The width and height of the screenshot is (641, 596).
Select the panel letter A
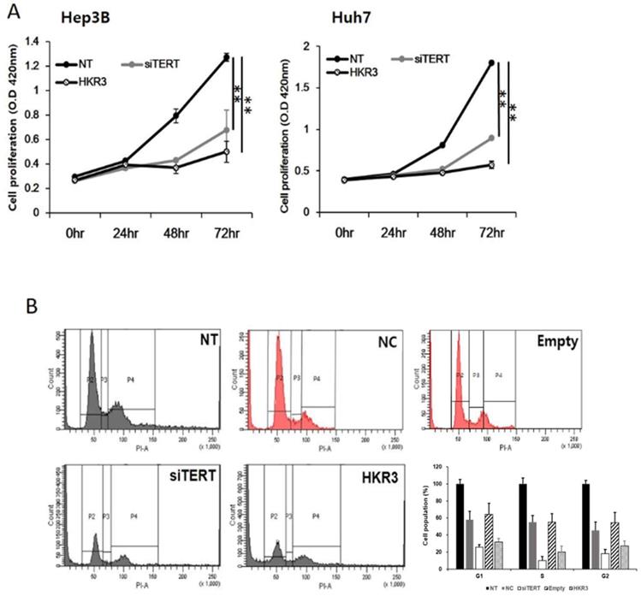click(x=10, y=9)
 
